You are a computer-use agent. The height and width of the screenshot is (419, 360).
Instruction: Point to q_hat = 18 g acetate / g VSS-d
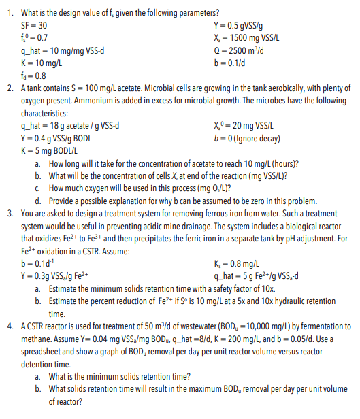[x=71, y=125]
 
